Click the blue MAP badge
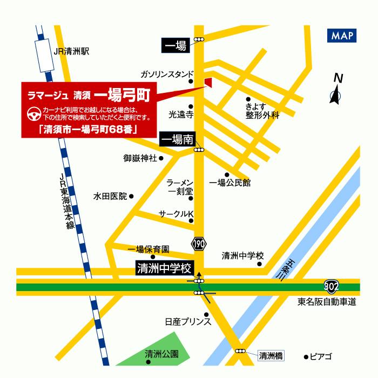[x=342, y=36]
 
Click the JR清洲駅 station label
[x=71, y=52]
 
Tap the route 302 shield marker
[x=332, y=284]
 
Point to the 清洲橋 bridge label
[x=271, y=355]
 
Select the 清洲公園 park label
[x=161, y=355]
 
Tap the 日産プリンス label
[x=187, y=322]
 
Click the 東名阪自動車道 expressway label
[x=327, y=302]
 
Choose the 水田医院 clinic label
[x=110, y=196]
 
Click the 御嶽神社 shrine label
[x=140, y=158]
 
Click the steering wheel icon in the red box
[x=33, y=114]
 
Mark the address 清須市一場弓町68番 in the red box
[x=87, y=129]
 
